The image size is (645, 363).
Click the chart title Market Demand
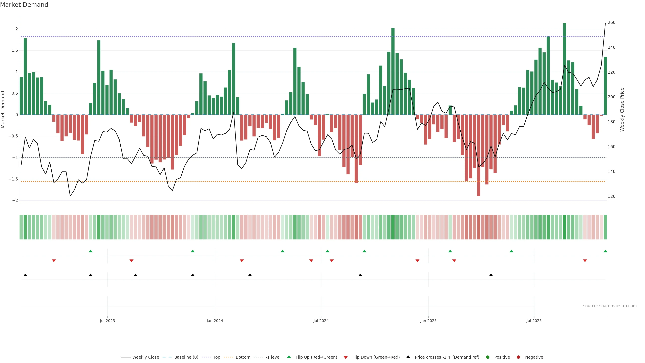pos(24,5)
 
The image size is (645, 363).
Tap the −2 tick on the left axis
pos(15,200)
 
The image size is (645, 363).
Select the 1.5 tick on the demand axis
pos(15,50)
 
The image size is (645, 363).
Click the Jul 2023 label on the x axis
pos(107,321)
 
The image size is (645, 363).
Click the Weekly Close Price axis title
pos(622,109)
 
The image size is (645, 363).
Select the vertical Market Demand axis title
pos(3,109)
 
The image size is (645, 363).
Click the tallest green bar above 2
pos(564,69)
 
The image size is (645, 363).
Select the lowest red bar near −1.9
pos(479,155)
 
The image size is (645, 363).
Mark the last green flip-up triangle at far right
pos(605,251)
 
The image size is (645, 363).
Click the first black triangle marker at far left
pos(25,275)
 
